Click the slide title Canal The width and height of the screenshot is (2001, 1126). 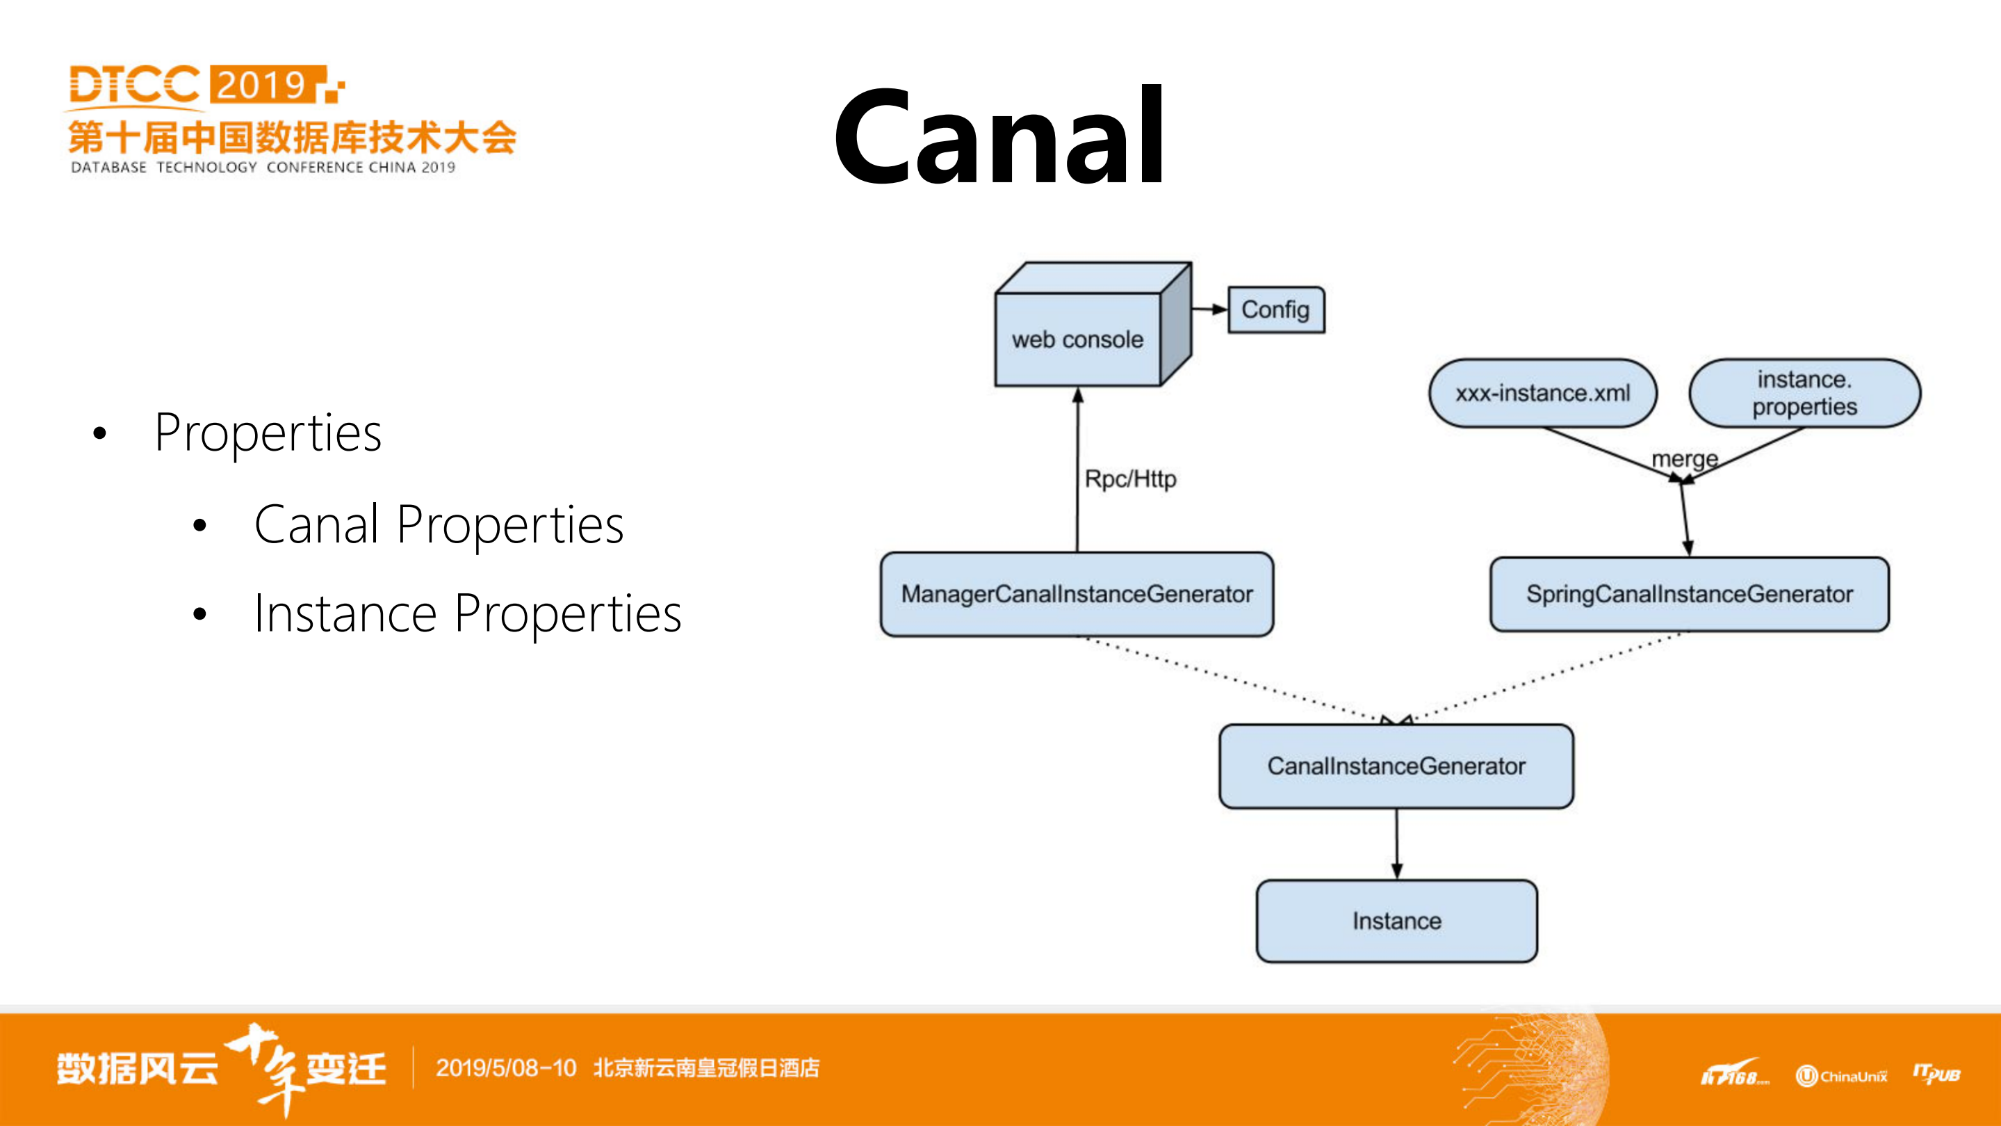tap(999, 137)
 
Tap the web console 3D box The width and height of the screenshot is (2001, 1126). tap(1078, 339)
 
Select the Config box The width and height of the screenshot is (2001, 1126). tap(1275, 309)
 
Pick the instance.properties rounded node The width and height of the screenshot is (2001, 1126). tap(1804, 393)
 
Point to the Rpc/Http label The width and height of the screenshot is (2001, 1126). tap(1130, 478)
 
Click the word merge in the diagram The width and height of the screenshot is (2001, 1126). tap(1684, 459)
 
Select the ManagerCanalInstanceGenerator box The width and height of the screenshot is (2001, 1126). tap(1077, 595)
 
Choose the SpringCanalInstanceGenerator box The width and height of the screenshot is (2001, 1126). tap(1690, 595)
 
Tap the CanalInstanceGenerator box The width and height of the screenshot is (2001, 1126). tap(1396, 766)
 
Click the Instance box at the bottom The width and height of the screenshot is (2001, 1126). tap(1396, 921)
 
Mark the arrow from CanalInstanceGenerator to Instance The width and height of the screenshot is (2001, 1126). tap(1396, 844)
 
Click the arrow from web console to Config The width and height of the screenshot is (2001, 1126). tap(1209, 309)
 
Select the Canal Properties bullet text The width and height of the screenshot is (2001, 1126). tap(439, 524)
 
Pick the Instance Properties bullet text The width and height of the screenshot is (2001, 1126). tap(468, 614)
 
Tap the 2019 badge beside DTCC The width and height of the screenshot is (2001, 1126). tap(264, 84)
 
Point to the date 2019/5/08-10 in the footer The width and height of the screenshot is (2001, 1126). tap(506, 1068)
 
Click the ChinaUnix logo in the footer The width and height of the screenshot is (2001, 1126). tap(1841, 1075)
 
